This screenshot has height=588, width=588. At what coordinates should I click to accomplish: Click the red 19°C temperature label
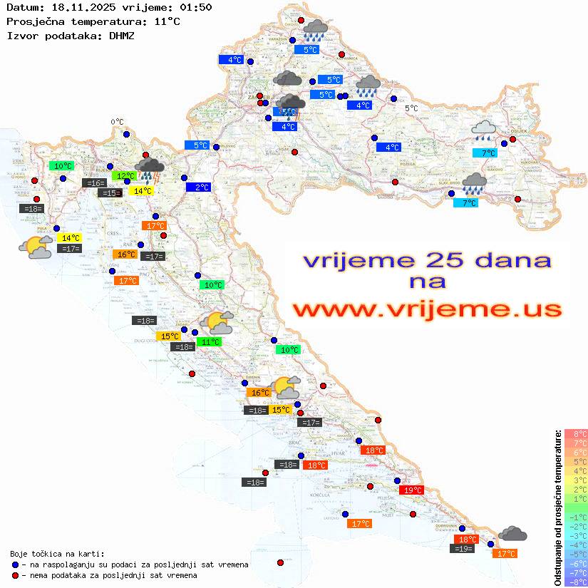413,490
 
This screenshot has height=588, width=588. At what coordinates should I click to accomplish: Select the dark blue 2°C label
198,187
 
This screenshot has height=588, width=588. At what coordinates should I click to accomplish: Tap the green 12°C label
124,175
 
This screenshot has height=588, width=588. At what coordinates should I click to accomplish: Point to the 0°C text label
117,122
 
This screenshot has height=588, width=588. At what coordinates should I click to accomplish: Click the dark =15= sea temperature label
109,192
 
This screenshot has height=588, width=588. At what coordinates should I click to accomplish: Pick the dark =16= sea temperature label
94,183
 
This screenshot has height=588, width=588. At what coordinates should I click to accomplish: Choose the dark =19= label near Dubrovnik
463,548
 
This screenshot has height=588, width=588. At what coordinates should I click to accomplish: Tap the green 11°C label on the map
210,342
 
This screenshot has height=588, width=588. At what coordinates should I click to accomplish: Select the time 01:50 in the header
195,8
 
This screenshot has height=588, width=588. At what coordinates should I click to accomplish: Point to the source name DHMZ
121,35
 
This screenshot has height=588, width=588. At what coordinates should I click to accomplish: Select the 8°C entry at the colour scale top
576,433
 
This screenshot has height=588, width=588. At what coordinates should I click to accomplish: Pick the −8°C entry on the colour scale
576,582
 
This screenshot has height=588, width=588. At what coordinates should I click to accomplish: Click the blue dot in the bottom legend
15,564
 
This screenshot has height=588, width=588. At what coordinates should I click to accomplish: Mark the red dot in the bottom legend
15,575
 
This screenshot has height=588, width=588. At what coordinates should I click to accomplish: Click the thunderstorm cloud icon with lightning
150,168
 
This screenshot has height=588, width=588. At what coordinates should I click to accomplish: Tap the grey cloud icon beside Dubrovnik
512,533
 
